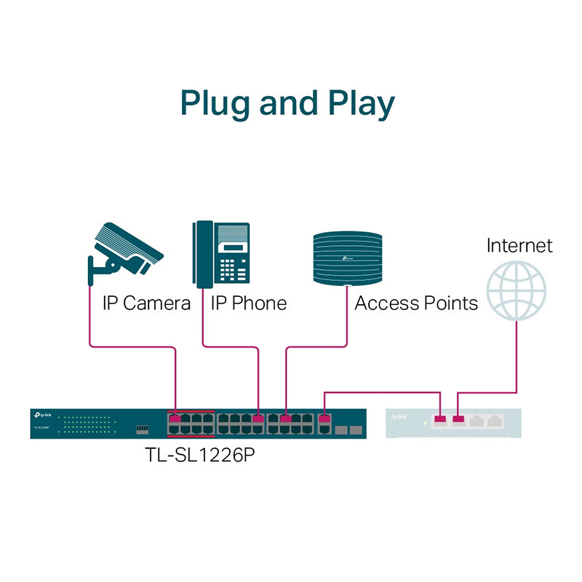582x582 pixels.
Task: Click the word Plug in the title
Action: click(216, 103)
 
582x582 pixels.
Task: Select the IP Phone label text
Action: click(249, 303)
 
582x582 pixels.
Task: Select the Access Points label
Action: click(416, 303)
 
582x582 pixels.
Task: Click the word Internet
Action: click(519, 245)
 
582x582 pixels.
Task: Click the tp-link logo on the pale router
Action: click(399, 418)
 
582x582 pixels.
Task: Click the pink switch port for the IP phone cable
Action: click(259, 419)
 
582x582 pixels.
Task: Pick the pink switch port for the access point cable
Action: click(286, 419)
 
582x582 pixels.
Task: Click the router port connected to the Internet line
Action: click(458, 420)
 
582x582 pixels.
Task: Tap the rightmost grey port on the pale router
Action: click(496, 420)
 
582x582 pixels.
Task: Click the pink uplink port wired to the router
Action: click(324, 419)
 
